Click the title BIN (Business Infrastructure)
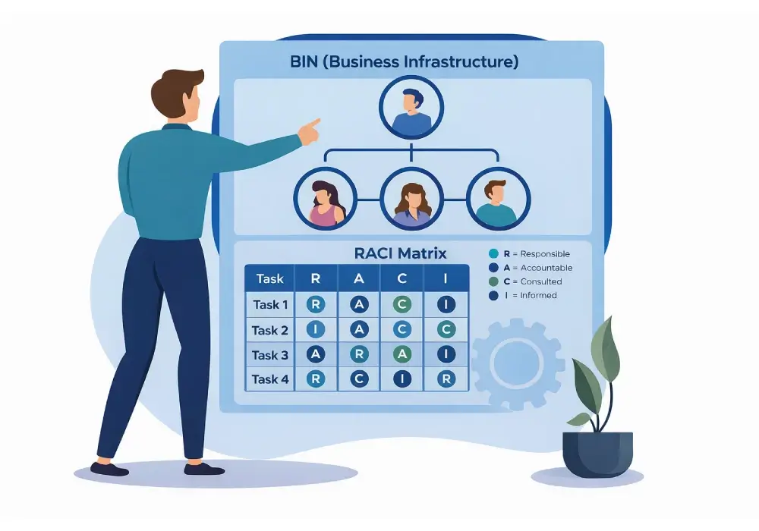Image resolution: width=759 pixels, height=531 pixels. point(405,62)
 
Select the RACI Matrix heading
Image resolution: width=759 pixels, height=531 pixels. point(400,253)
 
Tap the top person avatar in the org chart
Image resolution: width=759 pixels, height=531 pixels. point(411,108)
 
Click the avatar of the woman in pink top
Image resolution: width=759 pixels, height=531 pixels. point(326,198)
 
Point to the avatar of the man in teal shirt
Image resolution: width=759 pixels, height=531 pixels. point(499,198)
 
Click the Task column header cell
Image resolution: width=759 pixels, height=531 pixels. point(269,278)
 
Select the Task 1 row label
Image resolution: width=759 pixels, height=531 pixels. point(270,305)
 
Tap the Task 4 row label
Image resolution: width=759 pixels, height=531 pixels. point(270,379)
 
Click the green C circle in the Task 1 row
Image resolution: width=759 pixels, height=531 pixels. point(402,304)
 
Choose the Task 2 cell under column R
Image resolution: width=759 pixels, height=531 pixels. point(316,330)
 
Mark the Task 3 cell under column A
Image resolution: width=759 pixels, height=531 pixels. point(359,354)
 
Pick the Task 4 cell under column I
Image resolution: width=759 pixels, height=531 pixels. point(446,379)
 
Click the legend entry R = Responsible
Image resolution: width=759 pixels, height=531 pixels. point(529,254)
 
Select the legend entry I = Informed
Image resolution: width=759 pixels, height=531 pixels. point(523,296)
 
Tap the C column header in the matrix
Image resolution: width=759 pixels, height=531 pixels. point(402,278)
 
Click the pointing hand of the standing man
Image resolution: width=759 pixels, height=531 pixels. point(309,131)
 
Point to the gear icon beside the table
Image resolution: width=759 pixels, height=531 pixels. point(518,363)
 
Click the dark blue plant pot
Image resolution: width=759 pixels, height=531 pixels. point(597,454)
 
